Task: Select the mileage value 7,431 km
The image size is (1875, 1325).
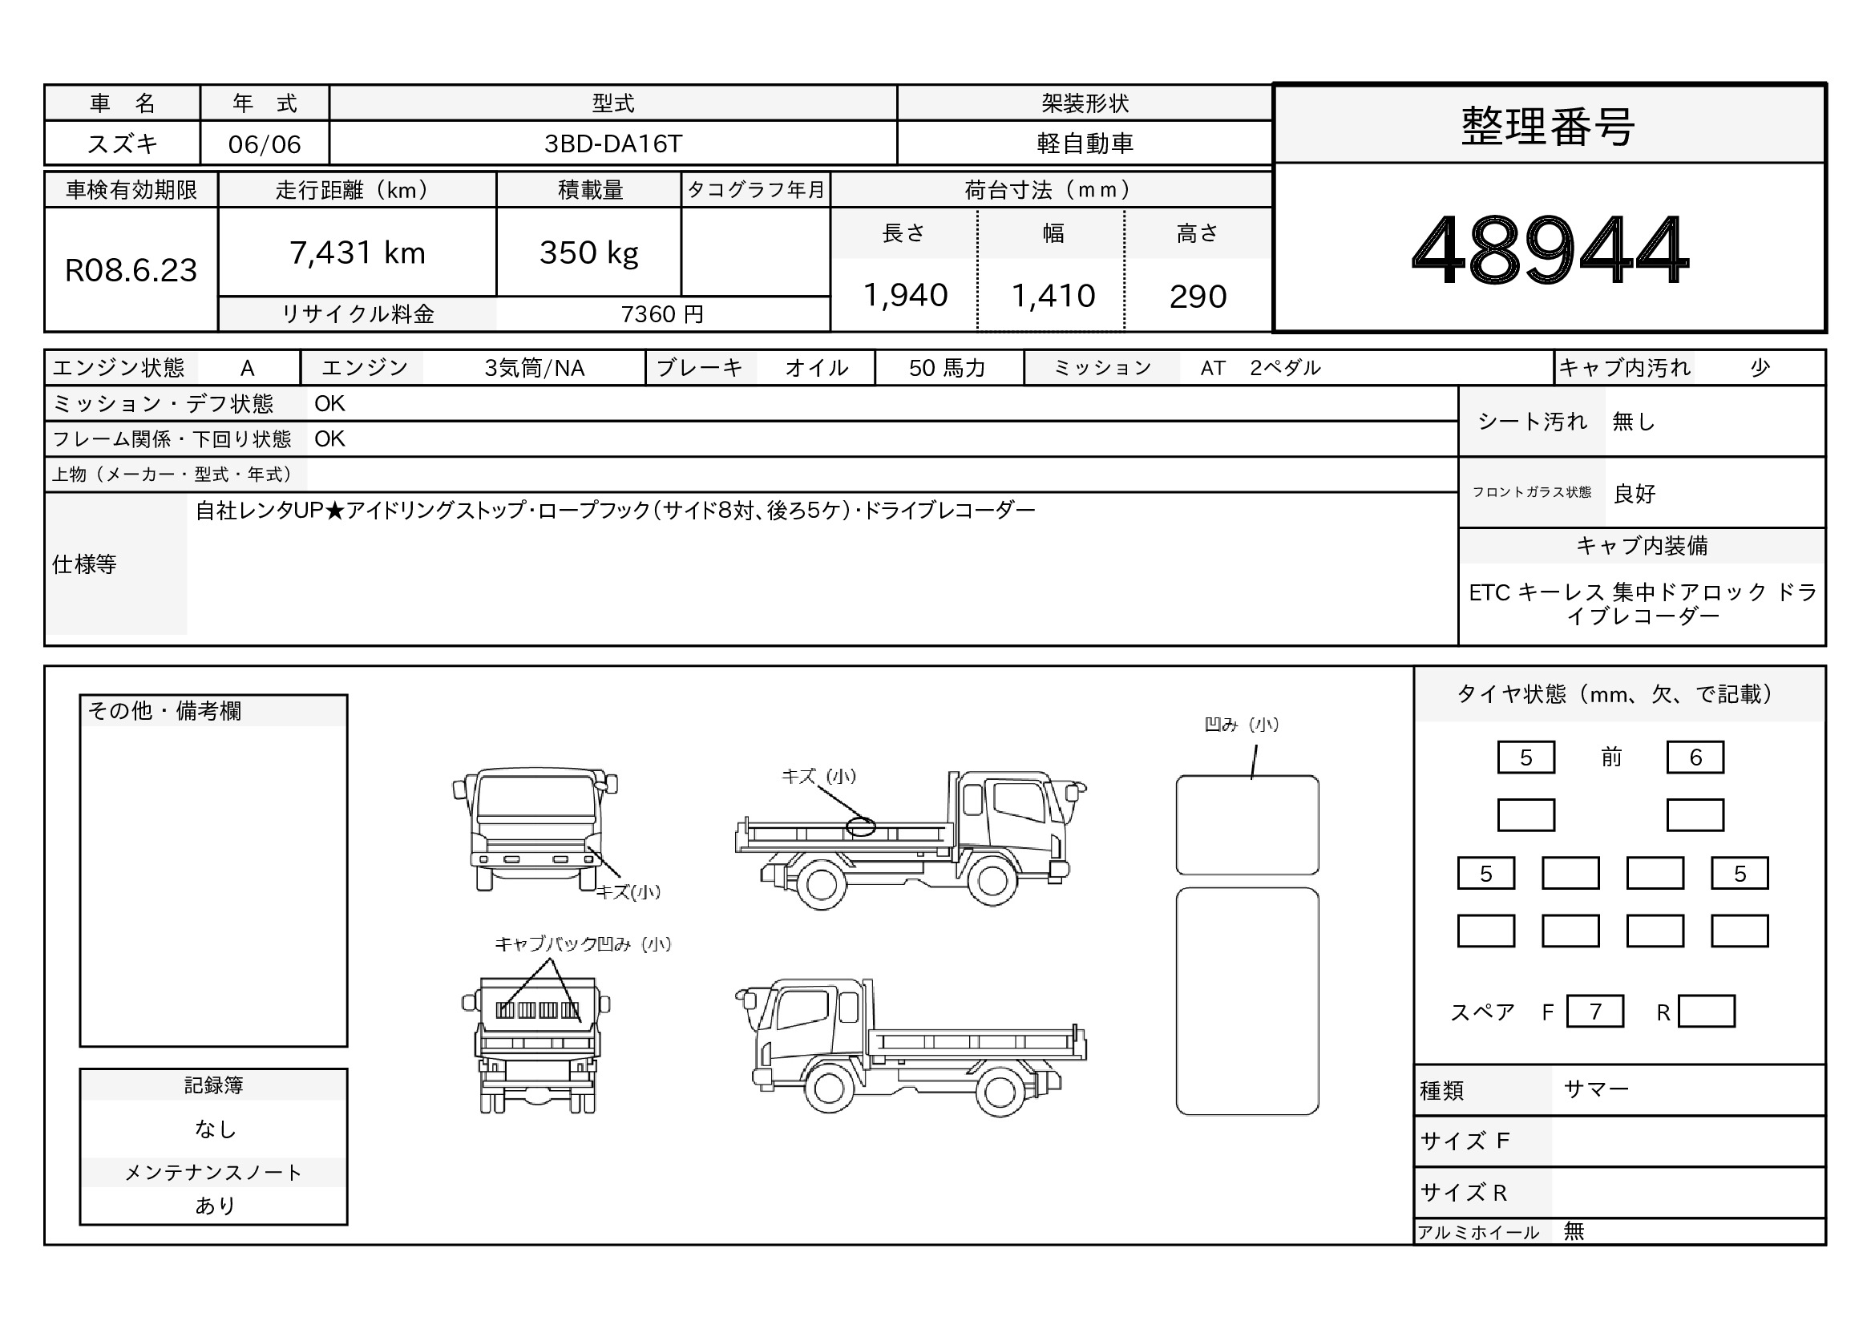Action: click(x=358, y=253)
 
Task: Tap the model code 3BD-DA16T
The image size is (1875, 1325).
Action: click(x=612, y=143)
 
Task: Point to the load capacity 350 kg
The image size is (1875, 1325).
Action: click(x=589, y=253)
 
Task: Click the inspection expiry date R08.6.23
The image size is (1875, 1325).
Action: click(x=131, y=270)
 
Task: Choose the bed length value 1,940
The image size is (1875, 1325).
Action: click(x=905, y=296)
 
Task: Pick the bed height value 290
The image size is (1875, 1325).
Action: click(x=1197, y=297)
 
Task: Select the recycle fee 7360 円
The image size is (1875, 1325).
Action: click(x=662, y=314)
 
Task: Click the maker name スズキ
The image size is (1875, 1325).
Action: click(x=123, y=143)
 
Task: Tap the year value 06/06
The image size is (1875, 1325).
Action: click(x=265, y=144)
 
